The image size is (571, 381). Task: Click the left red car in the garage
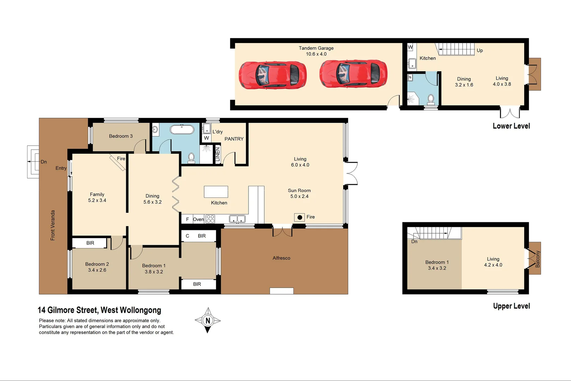tap(272, 75)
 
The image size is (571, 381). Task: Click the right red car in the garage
tap(353, 74)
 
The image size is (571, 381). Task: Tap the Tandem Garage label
tap(316, 48)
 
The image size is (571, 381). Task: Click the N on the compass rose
tap(208, 321)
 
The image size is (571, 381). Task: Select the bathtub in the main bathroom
tap(182, 129)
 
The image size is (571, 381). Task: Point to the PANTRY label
tap(234, 139)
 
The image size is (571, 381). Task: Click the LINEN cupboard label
tap(217, 155)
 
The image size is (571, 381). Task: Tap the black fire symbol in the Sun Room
tap(300, 217)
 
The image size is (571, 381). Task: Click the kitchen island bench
tap(216, 192)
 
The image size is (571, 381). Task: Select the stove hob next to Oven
tap(210, 219)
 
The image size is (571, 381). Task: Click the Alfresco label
tap(281, 258)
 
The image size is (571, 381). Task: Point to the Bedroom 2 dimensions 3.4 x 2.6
tap(97, 270)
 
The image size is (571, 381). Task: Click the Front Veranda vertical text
tap(53, 225)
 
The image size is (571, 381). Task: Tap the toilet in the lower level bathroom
tap(431, 99)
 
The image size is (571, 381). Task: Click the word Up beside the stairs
tap(480, 50)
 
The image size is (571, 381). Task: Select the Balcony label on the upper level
tap(538, 259)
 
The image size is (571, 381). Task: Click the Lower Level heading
tap(511, 126)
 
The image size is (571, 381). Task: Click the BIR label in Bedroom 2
tap(90, 243)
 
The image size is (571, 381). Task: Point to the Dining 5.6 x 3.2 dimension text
tap(152, 202)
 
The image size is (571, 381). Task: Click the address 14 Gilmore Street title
tap(99, 310)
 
